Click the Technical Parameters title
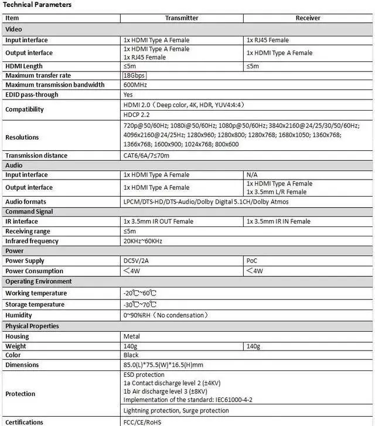[37, 5]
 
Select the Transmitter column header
[181, 18]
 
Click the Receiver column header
[308, 18]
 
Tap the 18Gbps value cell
[134, 75]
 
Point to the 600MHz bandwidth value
[135, 85]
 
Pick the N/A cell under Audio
[253, 175]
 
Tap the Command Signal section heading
[29, 212]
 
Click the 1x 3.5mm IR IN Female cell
[278, 222]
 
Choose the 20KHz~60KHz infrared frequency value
[143, 241]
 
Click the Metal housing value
[131, 337]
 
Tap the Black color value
[131, 355]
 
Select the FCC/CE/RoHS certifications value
[142, 422]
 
